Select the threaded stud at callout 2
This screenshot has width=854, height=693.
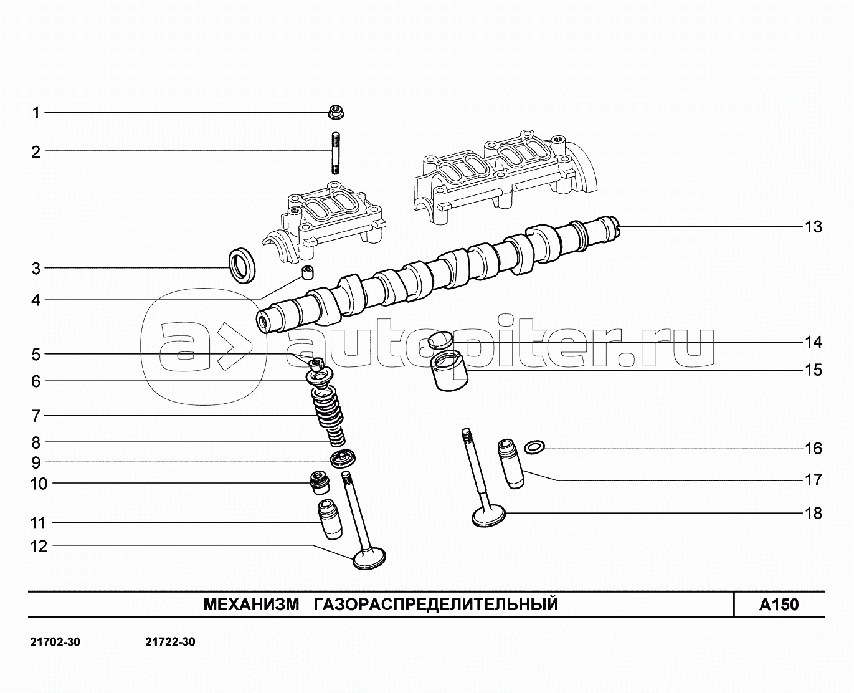click(x=335, y=153)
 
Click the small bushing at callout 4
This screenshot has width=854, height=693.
click(x=307, y=273)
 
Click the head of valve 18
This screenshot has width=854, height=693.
click(x=488, y=515)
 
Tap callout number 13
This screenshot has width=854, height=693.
click(x=813, y=227)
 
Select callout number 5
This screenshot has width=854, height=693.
click(x=36, y=355)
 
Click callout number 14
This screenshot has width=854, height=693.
click(x=813, y=342)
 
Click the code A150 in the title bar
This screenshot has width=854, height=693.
click(x=779, y=605)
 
